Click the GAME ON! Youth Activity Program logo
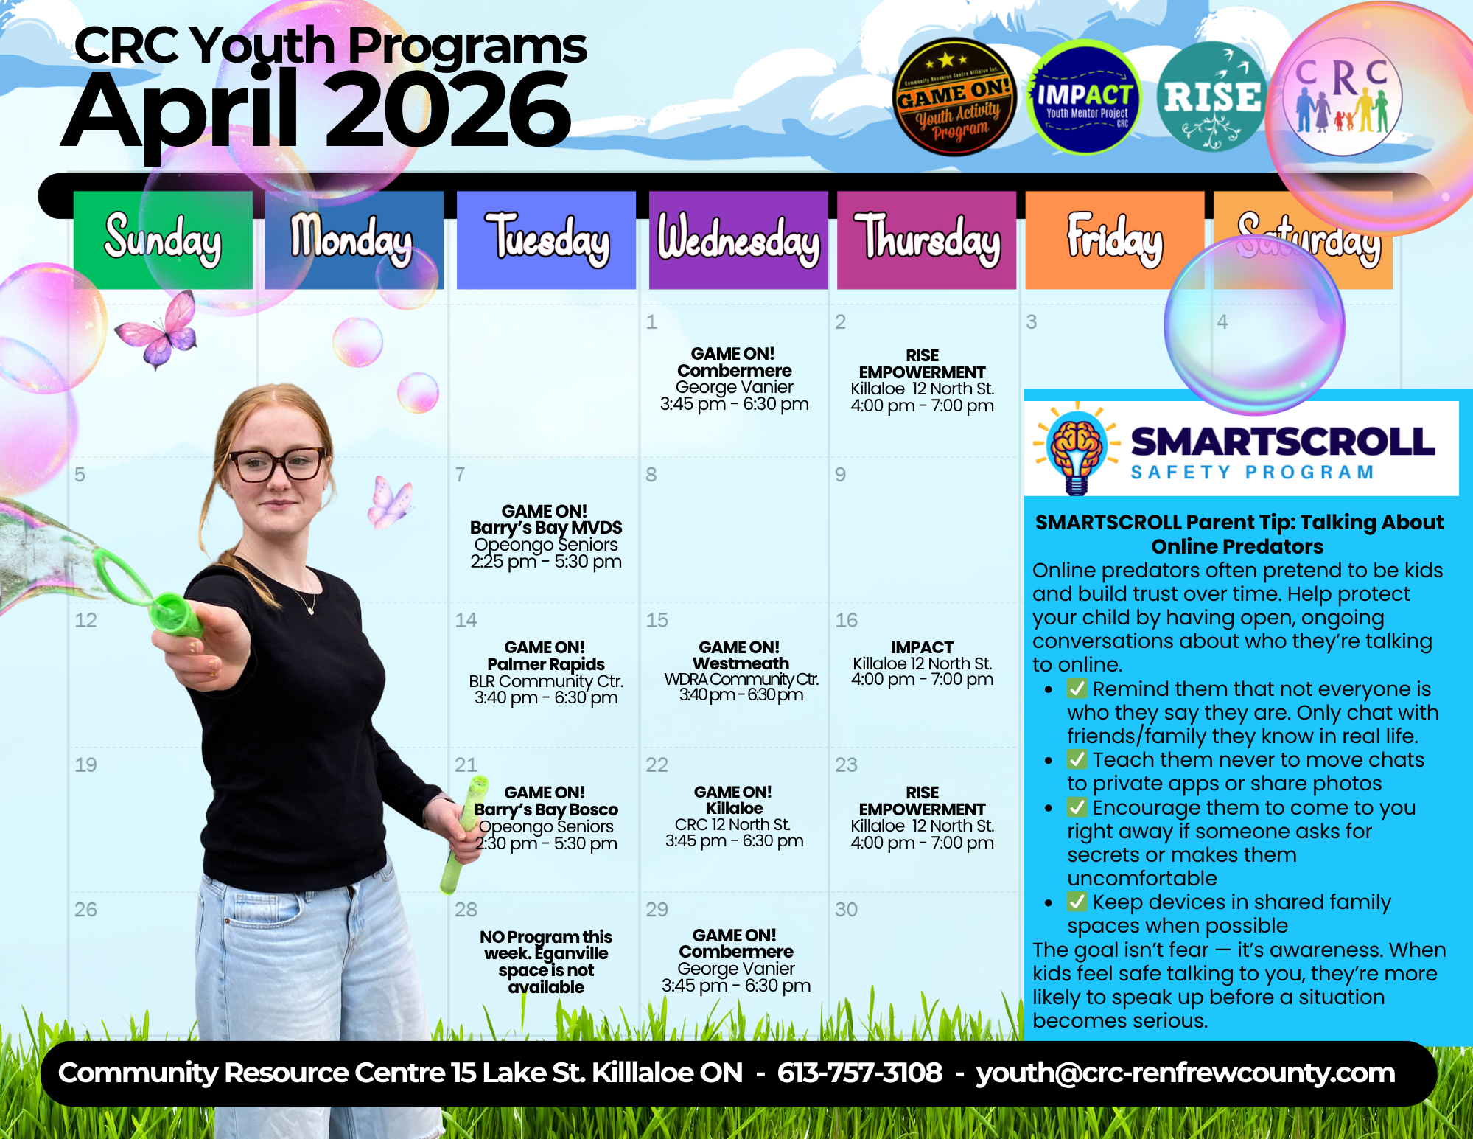[954, 97]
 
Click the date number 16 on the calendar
[846, 620]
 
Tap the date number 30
[846, 910]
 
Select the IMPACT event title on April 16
[922, 647]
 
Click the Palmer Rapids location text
[545, 664]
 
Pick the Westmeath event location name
[741, 663]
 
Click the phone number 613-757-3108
[859, 1073]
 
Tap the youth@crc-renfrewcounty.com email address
[1185, 1073]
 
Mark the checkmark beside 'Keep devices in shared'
[1077, 902]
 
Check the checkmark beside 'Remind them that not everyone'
[1077, 689]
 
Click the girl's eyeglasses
[278, 464]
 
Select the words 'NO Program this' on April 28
[545, 937]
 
